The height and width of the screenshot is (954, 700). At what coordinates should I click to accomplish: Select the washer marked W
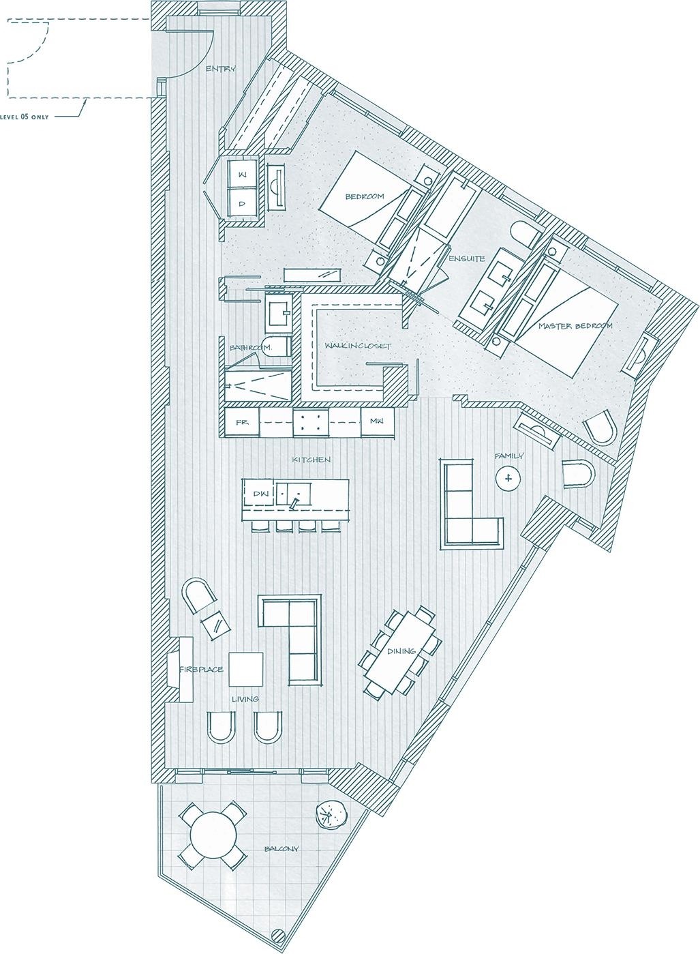click(x=241, y=175)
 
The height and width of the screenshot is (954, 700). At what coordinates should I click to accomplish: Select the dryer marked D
click(x=241, y=203)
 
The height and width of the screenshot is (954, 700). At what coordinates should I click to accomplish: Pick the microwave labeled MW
click(x=376, y=421)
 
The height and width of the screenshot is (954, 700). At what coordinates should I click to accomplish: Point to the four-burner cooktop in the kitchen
click(x=309, y=422)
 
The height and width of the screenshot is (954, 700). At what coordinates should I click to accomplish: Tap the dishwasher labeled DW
click(x=260, y=493)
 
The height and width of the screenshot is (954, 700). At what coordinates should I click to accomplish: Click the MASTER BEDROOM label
click(x=575, y=326)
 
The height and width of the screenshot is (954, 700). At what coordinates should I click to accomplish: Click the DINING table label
click(x=401, y=651)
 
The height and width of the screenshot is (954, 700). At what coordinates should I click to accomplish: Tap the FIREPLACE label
click(x=201, y=670)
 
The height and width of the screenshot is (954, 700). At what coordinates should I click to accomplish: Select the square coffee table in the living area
click(x=245, y=669)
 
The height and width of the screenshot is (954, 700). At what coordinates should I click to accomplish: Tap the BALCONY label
click(x=281, y=849)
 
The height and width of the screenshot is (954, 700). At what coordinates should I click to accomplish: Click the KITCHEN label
click(x=311, y=460)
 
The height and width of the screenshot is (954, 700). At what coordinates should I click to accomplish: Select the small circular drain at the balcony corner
click(x=277, y=935)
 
